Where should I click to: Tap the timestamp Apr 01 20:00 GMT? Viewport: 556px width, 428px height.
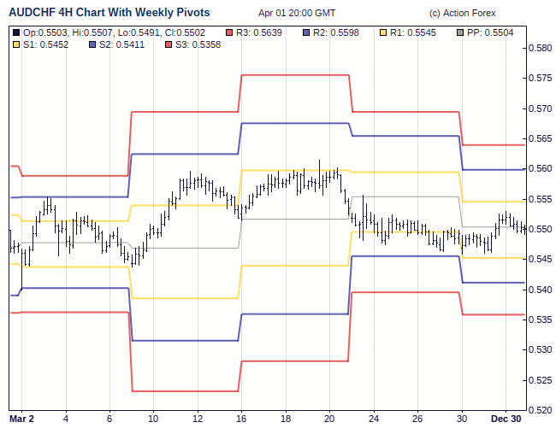[297, 13]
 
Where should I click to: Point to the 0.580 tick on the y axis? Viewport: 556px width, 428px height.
[539, 48]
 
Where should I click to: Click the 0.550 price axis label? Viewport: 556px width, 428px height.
[539, 229]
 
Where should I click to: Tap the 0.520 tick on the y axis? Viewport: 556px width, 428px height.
[539, 410]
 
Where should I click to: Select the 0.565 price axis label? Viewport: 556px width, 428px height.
[539, 138]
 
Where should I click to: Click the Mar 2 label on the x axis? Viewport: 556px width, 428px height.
[21, 419]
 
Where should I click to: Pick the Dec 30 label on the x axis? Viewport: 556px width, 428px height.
[505, 419]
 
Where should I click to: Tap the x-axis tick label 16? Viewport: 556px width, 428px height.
[241, 419]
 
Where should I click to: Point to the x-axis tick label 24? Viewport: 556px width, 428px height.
[374, 419]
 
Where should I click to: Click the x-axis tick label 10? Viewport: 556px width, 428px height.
[153, 419]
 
